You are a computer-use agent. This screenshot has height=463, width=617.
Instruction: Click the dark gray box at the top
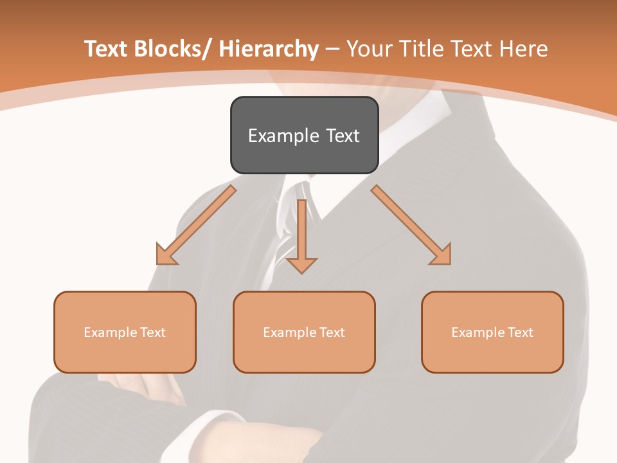pyautogui.click(x=304, y=135)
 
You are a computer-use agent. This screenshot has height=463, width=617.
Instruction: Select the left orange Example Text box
pyautogui.click(x=125, y=332)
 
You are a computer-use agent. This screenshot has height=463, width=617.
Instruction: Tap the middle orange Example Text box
pyautogui.click(x=304, y=332)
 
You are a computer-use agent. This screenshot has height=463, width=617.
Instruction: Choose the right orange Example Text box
pyautogui.click(x=492, y=332)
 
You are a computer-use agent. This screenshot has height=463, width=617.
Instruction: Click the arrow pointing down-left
pyautogui.click(x=196, y=225)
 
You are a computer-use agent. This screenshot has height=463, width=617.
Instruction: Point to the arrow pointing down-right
pyautogui.click(x=411, y=225)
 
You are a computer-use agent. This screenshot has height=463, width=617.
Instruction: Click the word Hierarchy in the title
pyautogui.click(x=268, y=49)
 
